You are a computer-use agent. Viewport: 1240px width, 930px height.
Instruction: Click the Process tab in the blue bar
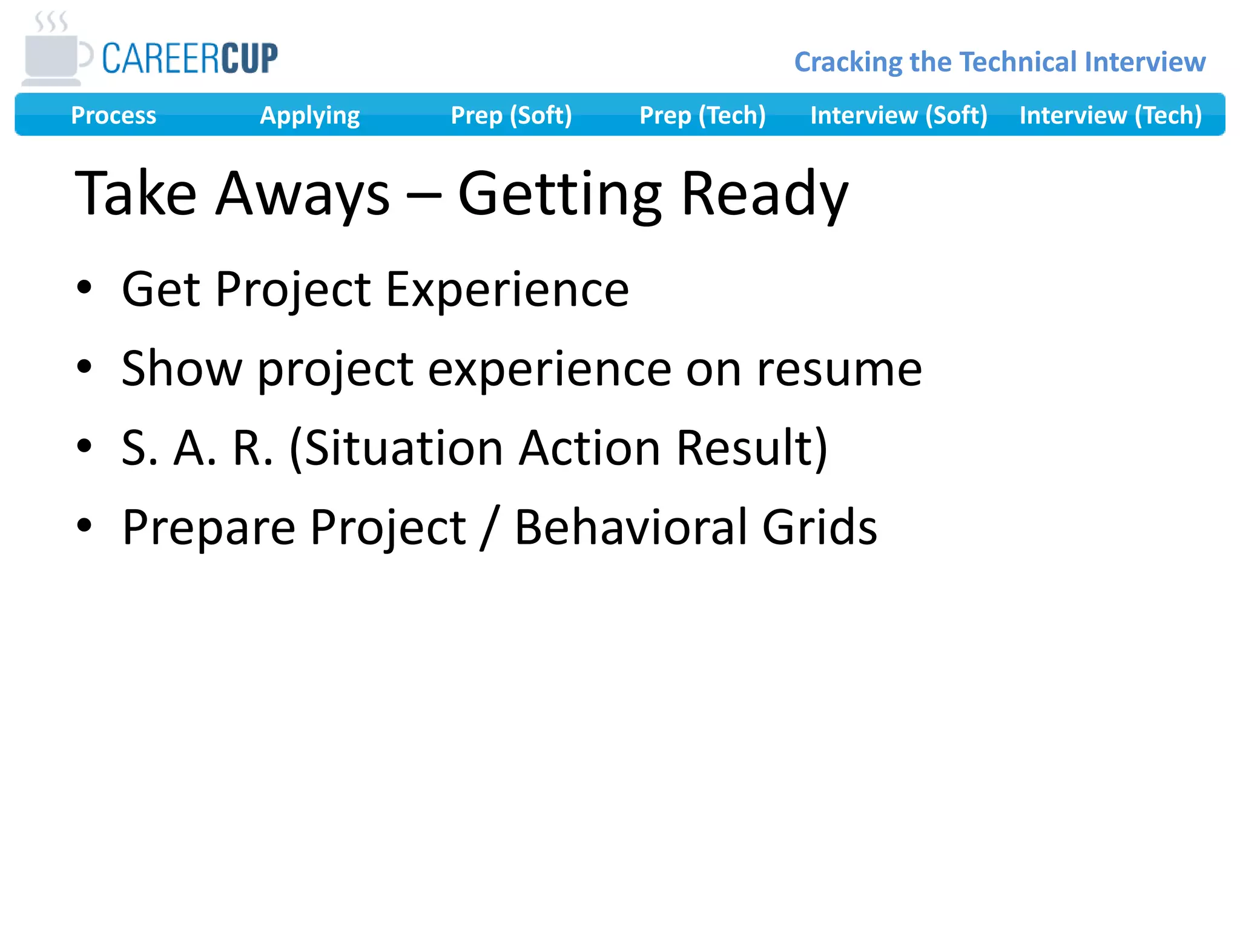[113, 115]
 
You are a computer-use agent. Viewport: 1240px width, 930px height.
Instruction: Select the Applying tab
[309, 115]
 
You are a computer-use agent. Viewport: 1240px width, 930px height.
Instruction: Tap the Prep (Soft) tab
[511, 115]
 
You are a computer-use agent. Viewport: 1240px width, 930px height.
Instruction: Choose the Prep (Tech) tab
[702, 115]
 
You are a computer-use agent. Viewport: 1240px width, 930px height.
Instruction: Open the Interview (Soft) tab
[899, 115]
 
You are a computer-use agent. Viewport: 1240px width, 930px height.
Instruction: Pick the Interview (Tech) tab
[1110, 115]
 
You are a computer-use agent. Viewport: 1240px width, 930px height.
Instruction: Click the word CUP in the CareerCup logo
[249, 59]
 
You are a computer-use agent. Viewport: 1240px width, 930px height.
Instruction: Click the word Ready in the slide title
[764, 194]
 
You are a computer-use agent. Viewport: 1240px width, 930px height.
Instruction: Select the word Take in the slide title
[136, 194]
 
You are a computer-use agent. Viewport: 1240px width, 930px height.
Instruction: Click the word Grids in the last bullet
[819, 527]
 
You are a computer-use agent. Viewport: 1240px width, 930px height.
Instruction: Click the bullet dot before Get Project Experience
[84, 288]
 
